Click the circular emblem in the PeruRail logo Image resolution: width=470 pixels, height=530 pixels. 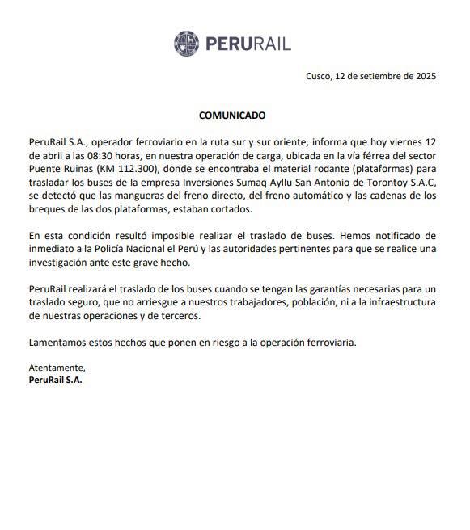pos(187,43)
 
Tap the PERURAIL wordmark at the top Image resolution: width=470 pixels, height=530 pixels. pos(248,44)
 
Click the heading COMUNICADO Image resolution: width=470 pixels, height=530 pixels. pos(232,116)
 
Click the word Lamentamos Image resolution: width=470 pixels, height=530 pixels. pos(57,342)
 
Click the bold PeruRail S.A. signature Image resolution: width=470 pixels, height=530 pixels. pos(56,380)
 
